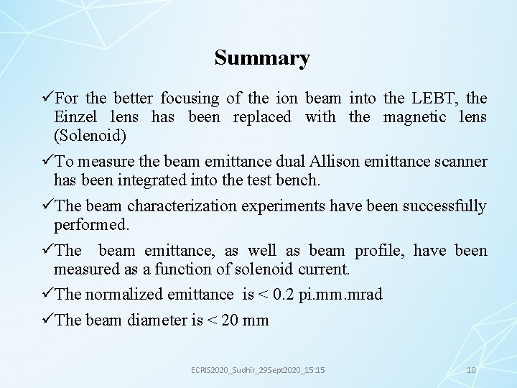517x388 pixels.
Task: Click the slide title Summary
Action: [x=262, y=58]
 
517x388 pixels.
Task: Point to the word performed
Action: [x=91, y=225]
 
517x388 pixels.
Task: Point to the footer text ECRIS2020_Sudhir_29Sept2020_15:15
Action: [x=257, y=369]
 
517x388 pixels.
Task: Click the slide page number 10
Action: [x=471, y=369]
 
